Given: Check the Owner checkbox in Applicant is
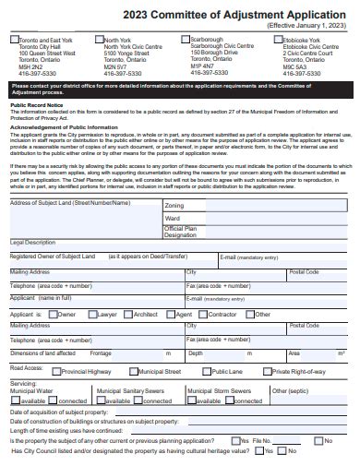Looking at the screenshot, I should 52,315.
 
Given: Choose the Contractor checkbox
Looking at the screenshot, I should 202,315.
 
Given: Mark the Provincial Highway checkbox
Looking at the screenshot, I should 55,371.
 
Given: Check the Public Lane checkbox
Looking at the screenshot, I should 207,371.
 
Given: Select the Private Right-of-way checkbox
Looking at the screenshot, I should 269,371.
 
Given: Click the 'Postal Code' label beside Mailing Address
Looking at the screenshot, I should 304,272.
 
